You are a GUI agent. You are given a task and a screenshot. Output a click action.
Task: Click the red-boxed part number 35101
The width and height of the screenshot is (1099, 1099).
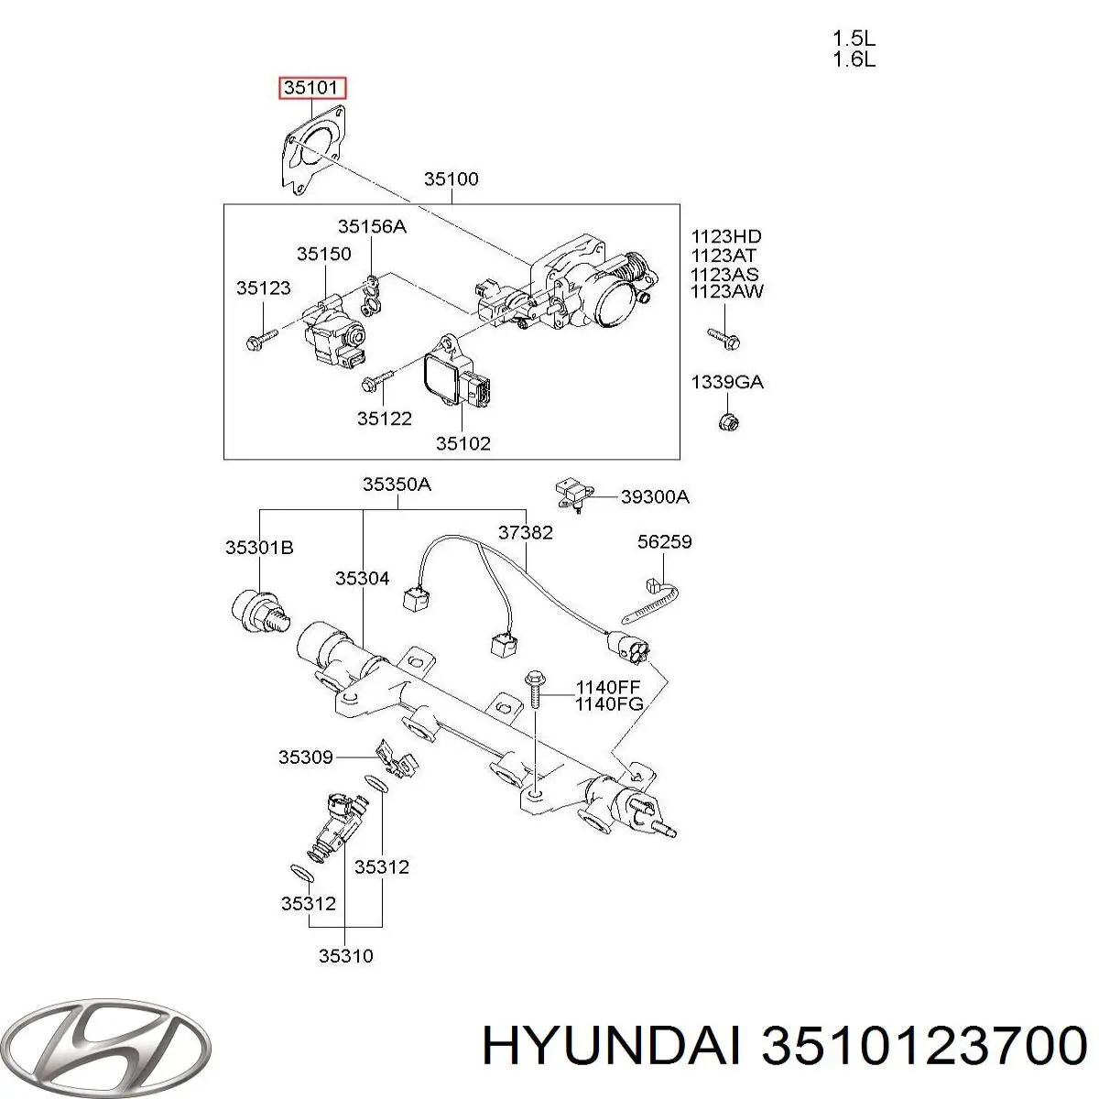[x=313, y=89]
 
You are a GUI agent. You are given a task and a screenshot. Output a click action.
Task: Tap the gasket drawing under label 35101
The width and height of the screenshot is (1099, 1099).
[x=315, y=151]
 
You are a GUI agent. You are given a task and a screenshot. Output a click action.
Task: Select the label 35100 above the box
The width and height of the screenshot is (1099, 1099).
[x=451, y=180]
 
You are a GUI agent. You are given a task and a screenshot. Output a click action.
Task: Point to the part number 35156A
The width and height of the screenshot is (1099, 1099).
[x=371, y=226]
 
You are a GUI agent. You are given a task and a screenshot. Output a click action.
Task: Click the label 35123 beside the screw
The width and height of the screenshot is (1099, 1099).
[x=263, y=288]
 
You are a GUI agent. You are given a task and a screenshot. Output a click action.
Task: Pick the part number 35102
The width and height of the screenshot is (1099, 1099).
[x=462, y=443]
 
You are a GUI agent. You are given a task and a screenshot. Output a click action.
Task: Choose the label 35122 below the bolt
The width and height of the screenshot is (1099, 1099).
[x=384, y=419]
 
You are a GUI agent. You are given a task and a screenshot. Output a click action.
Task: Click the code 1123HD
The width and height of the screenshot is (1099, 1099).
[x=726, y=237]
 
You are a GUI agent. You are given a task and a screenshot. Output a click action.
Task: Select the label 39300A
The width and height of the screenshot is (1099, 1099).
[x=655, y=497]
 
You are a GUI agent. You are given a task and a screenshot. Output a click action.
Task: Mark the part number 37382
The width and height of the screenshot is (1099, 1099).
[x=525, y=531]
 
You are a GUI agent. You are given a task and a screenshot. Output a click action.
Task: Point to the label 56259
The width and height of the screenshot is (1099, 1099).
[x=664, y=542]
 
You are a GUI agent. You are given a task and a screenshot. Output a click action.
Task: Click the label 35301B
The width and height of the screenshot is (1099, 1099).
[x=259, y=548]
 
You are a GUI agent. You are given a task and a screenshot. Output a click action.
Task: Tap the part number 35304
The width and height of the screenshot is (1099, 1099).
[x=362, y=578]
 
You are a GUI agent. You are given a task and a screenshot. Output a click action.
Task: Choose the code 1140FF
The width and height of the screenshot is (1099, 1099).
[x=608, y=687]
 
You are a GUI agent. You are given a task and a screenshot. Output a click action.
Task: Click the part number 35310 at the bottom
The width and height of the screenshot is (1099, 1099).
[x=345, y=956]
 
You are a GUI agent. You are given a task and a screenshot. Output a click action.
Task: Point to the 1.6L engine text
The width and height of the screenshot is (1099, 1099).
[x=854, y=60]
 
